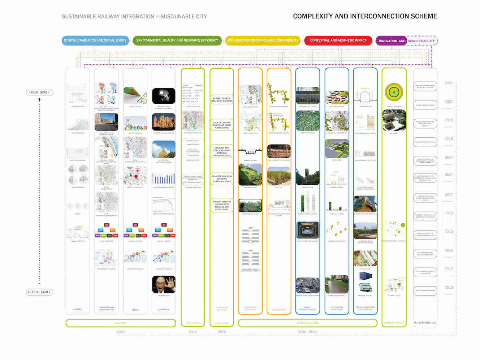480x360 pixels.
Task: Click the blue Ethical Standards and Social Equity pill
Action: pyautogui.click(x=95, y=40)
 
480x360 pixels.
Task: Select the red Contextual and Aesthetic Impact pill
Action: pyautogui.click(x=338, y=40)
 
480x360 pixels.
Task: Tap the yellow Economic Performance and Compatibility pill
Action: pyautogui.click(x=263, y=40)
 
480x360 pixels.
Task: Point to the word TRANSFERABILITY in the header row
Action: pyautogui.click(x=421, y=41)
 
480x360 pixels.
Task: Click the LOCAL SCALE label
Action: pyautogui.click(x=39, y=92)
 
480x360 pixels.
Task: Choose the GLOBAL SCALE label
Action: pyautogui.click(x=39, y=292)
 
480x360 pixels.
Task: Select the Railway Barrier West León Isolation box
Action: pyautogui.click(x=222, y=100)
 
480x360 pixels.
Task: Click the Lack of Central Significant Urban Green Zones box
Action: pyautogui.click(x=222, y=125)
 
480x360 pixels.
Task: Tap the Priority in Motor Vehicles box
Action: pyautogui.click(x=222, y=206)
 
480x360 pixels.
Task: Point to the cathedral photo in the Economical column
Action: pyautogui.click(x=164, y=122)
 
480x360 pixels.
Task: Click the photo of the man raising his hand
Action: pyautogui.click(x=164, y=284)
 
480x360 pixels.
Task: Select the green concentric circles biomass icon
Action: pyautogui.click(x=394, y=93)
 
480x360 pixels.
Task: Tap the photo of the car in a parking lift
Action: pyautogui.click(x=308, y=230)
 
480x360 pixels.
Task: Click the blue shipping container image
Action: pyautogui.click(x=366, y=277)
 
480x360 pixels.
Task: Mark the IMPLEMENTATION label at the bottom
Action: pyautogui.click(x=425, y=323)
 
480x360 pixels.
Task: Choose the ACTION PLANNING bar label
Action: pyautogui.click(x=308, y=323)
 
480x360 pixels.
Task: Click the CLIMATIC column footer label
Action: pyautogui.click(x=78, y=309)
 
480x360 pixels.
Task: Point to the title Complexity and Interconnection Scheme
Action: pyautogui.click(x=365, y=16)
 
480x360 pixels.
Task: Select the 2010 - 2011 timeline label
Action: pyautogui.click(x=308, y=332)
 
